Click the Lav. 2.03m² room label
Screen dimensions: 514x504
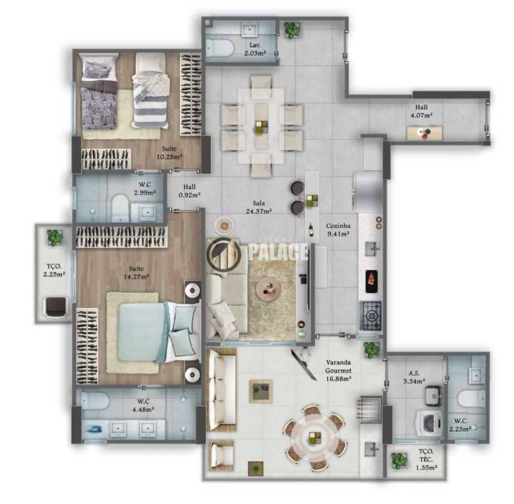[255, 49]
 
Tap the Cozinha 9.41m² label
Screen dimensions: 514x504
[338, 229]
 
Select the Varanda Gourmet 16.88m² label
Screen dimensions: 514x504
[339, 370]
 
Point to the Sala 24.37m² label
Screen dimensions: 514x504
[259, 207]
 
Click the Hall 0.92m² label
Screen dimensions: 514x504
[189, 191]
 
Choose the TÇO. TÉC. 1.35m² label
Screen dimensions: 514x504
[426, 459]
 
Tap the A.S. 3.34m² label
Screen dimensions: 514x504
[414, 377]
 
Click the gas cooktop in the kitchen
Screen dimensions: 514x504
[371, 315]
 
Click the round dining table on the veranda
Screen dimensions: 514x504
[314, 436]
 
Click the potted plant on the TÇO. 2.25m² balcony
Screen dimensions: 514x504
[55, 237]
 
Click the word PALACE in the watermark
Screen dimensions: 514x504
[278, 252]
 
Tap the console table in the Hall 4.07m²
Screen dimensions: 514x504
[424, 133]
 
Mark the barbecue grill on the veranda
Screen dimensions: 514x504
[370, 410]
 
